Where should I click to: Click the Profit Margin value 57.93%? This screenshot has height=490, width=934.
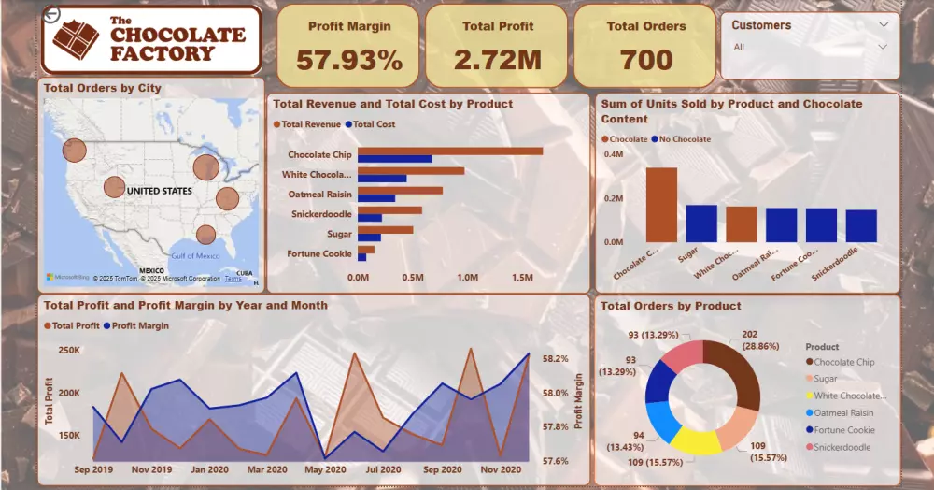coord(349,60)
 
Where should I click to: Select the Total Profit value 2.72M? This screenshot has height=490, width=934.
coord(497,60)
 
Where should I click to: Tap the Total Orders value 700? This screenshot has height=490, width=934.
coord(646,60)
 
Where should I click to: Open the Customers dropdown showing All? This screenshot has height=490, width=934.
coord(810,47)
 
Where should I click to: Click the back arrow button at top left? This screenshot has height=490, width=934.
coord(51,14)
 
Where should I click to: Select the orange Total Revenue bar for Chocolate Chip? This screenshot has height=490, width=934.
coord(449,151)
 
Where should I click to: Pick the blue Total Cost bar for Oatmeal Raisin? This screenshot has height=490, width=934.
coord(376,198)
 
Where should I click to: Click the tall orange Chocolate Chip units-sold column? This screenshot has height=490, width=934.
coord(661,205)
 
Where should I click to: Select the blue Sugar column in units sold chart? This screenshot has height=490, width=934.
coord(701,223)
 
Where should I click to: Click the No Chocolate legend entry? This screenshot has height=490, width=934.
coord(684,139)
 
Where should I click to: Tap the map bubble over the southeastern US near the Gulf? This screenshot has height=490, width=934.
coord(205,235)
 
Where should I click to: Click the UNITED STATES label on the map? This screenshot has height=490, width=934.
coord(159,191)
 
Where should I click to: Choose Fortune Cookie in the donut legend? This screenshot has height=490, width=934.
coord(842,430)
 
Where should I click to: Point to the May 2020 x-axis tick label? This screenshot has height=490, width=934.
coord(326,469)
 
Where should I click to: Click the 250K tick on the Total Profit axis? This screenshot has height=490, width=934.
coord(67,350)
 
